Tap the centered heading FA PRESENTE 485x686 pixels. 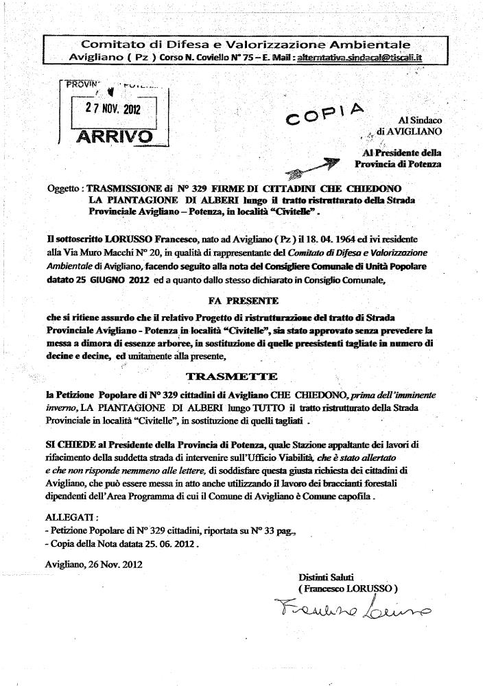point(243,300)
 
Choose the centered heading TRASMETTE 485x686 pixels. point(232,377)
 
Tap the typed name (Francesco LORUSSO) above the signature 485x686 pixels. point(348,588)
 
